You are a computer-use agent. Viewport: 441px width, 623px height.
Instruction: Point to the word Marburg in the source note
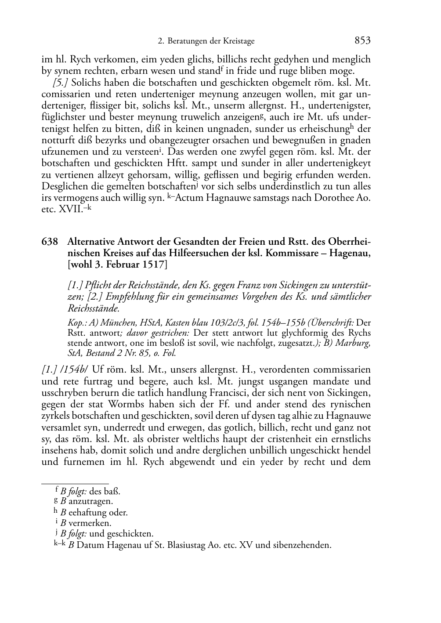pyautogui.click(x=354, y=343)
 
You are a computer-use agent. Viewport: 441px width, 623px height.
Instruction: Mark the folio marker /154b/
pyautogui.click(x=75, y=369)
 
